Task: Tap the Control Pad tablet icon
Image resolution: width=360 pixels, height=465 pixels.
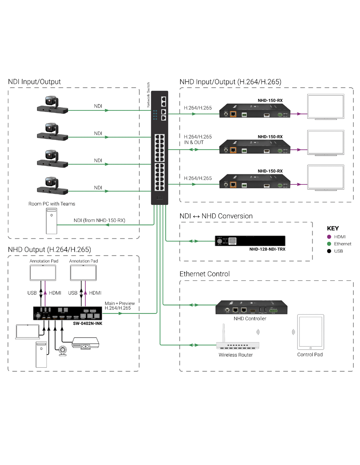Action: click(310, 332)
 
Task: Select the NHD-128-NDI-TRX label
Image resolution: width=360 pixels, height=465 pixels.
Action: click(267, 249)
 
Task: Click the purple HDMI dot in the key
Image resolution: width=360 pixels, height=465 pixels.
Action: click(329, 237)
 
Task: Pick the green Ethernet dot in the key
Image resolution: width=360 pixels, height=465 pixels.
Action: click(329, 244)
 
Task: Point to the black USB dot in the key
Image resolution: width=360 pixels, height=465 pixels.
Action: click(329, 251)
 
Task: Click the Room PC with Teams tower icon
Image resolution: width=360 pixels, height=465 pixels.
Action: click(51, 221)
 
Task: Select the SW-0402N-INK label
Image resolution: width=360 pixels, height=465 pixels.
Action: click(87, 323)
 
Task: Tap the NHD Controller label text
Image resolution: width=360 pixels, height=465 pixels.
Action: click(250, 319)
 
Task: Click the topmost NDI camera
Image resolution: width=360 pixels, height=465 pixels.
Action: click(52, 105)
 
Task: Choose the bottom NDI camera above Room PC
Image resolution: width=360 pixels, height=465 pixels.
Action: click(52, 186)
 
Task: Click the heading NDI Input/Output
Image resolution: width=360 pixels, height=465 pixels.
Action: click(34, 82)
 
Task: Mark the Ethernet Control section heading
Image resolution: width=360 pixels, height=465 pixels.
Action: click(205, 274)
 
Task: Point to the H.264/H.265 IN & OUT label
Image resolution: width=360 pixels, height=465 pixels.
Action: click(198, 140)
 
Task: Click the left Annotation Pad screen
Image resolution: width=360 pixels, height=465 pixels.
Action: click(43, 273)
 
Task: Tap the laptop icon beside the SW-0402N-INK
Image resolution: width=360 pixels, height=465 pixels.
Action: click(28, 332)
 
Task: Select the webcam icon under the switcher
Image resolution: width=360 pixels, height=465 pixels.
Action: click(63, 351)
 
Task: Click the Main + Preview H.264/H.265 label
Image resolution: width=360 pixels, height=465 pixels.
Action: click(119, 306)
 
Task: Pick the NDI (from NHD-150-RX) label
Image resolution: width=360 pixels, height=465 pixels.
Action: click(99, 220)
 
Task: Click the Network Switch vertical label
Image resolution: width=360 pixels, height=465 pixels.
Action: click(148, 95)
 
